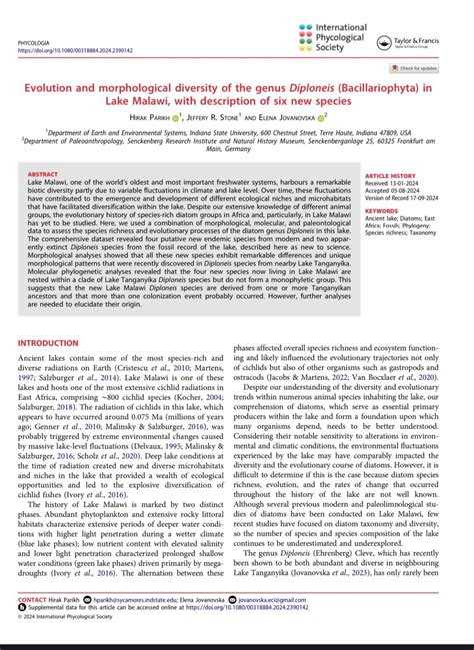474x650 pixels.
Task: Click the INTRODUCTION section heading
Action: [x=56, y=342]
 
